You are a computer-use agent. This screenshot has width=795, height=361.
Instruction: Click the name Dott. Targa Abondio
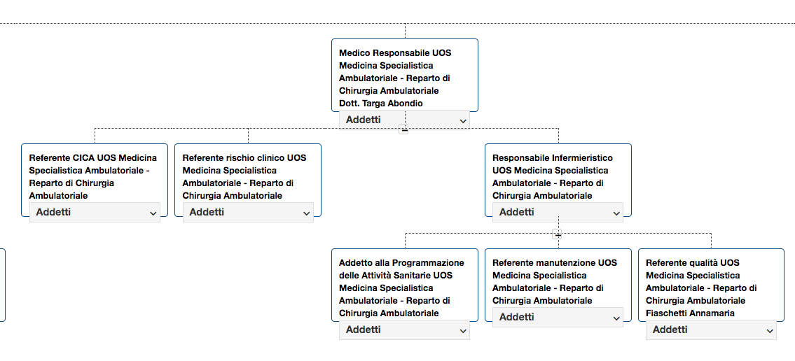point(381,104)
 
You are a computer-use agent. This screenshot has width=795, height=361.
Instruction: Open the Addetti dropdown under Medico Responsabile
point(405,120)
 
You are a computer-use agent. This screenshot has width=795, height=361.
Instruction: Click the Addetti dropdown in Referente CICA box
point(95,212)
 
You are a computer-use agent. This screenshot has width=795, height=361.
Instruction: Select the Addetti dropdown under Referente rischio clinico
point(248,212)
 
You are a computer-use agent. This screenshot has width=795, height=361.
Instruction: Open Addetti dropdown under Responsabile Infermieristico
point(558,212)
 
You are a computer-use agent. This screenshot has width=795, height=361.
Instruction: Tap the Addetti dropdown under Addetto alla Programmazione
point(405,330)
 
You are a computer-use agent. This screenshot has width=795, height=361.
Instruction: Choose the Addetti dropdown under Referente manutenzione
point(558,318)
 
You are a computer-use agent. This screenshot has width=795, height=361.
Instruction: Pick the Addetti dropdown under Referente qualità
point(711,330)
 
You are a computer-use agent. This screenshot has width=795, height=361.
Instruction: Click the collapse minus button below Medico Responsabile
point(404,129)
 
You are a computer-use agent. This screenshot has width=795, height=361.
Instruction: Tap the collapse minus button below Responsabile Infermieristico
point(558,235)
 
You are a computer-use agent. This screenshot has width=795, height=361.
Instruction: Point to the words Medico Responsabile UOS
point(394,53)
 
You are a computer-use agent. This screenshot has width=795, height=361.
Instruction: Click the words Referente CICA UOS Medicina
point(92,158)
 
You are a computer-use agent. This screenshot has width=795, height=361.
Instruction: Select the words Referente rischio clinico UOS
point(244,158)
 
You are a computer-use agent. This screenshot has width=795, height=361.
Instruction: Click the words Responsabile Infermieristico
point(553,158)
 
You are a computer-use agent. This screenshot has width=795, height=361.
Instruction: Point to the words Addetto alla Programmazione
point(401,263)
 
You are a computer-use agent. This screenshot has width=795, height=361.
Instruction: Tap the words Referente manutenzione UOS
point(555,263)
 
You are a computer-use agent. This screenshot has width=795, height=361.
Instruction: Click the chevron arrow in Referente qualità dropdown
point(768,331)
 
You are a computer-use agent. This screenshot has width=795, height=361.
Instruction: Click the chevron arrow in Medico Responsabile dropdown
point(462,121)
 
